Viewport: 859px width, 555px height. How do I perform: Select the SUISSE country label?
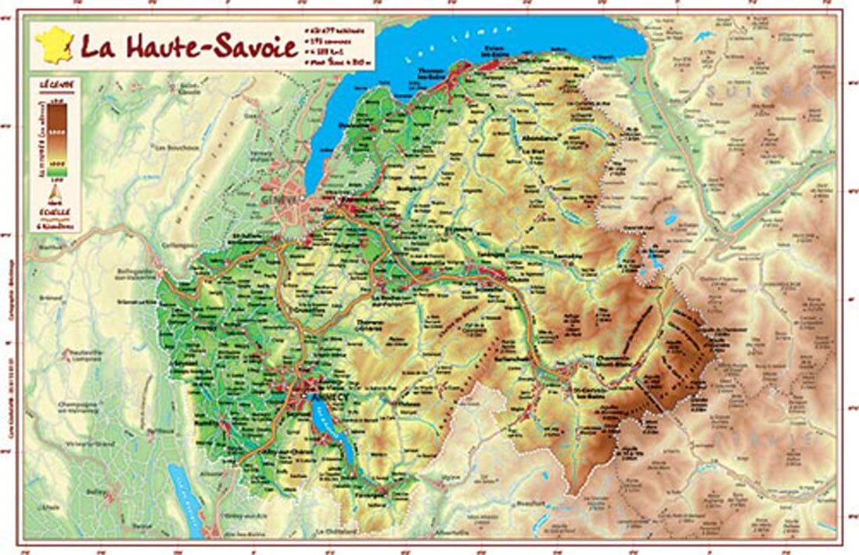[x=751, y=92]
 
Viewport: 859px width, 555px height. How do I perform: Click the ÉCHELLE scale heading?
[x=56, y=213]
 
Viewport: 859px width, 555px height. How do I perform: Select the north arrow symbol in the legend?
[x=56, y=190]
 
